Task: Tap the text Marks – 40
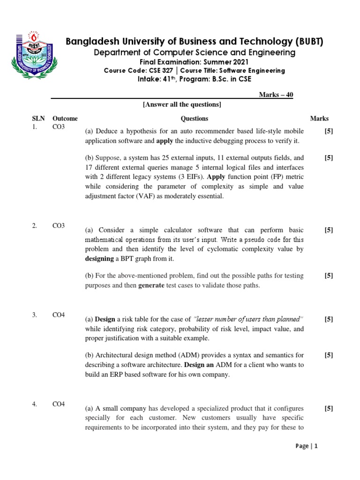[276, 95]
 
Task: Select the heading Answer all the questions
[182, 104]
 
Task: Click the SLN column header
[38, 119]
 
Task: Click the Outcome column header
[65, 119]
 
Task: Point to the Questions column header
[194, 119]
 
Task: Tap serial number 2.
[35, 226]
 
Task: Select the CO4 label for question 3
[59, 315]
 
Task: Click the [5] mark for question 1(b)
[329, 158]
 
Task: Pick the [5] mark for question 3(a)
[329, 319]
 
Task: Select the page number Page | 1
[307, 446]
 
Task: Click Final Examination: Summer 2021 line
[195, 62]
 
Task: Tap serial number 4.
[35, 404]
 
